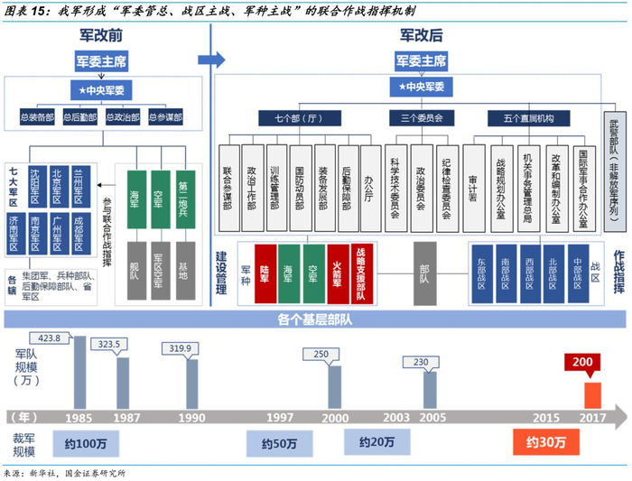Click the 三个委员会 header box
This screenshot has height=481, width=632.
[416, 117]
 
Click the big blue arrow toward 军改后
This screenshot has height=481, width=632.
[213, 60]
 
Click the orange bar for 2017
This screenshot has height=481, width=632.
[591, 395]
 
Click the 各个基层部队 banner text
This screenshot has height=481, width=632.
[315, 320]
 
